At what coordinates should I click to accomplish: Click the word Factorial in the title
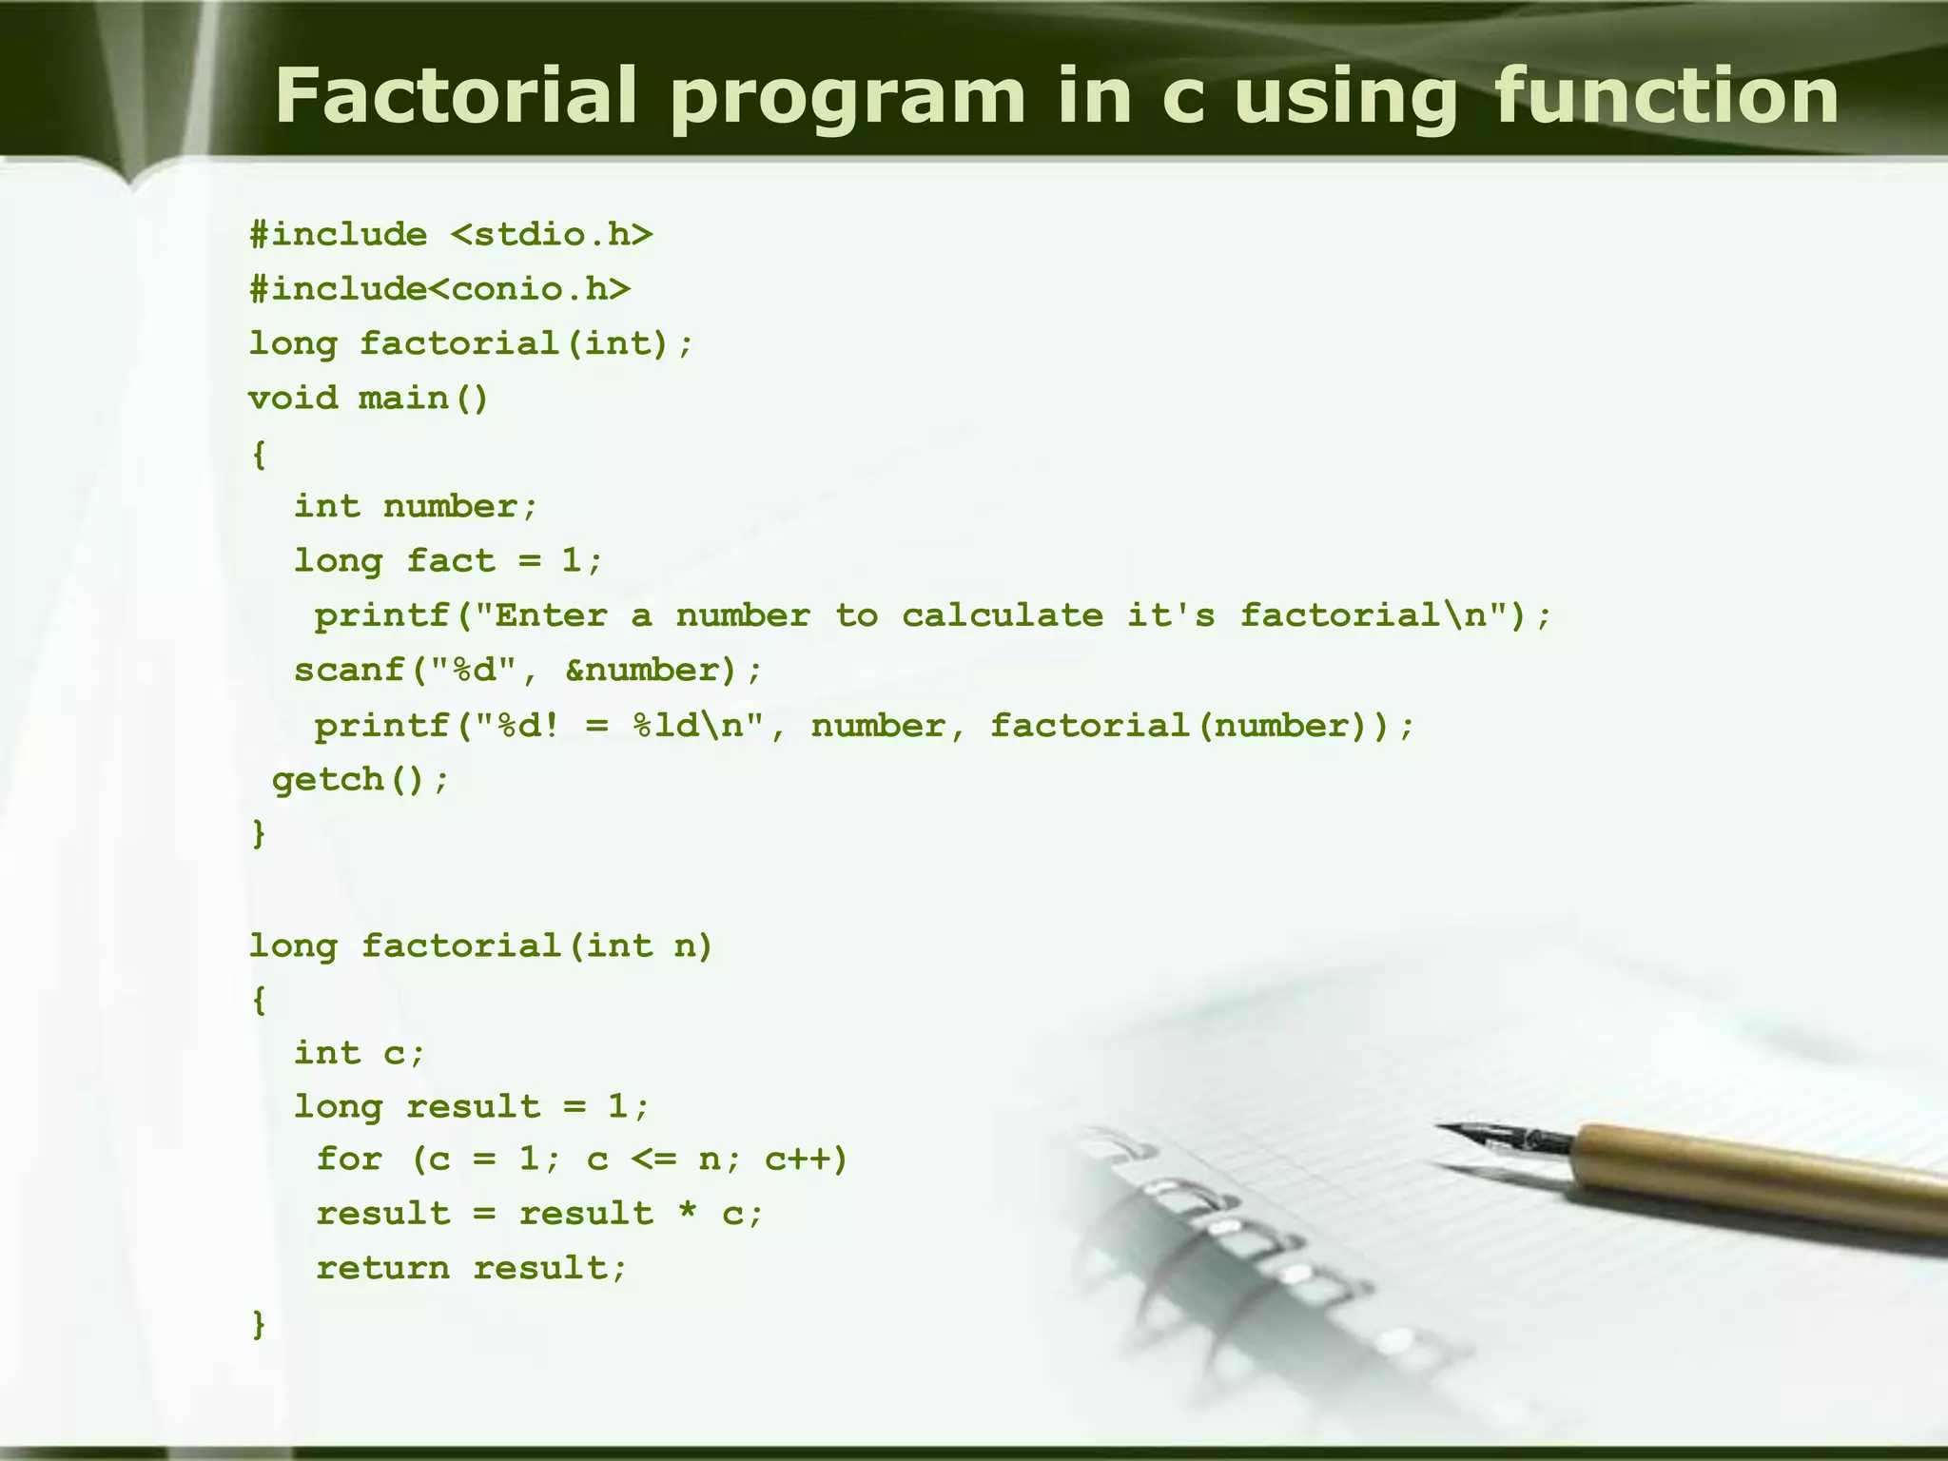click(x=455, y=96)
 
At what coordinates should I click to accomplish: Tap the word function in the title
click(x=1666, y=96)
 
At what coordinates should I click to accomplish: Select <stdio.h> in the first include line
click(x=552, y=235)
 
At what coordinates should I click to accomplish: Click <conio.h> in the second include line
click(x=529, y=289)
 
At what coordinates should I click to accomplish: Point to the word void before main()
click(x=293, y=398)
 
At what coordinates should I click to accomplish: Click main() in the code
click(x=423, y=398)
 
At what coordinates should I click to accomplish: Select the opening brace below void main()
click(x=259, y=454)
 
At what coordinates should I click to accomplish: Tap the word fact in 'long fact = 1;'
click(x=451, y=561)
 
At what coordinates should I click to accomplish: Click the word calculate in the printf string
click(x=1003, y=615)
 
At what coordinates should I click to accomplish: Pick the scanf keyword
click(x=349, y=671)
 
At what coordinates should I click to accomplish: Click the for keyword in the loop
click(x=349, y=1159)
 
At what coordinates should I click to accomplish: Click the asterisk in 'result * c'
click(x=688, y=1215)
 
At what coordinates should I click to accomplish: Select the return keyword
click(x=382, y=1268)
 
